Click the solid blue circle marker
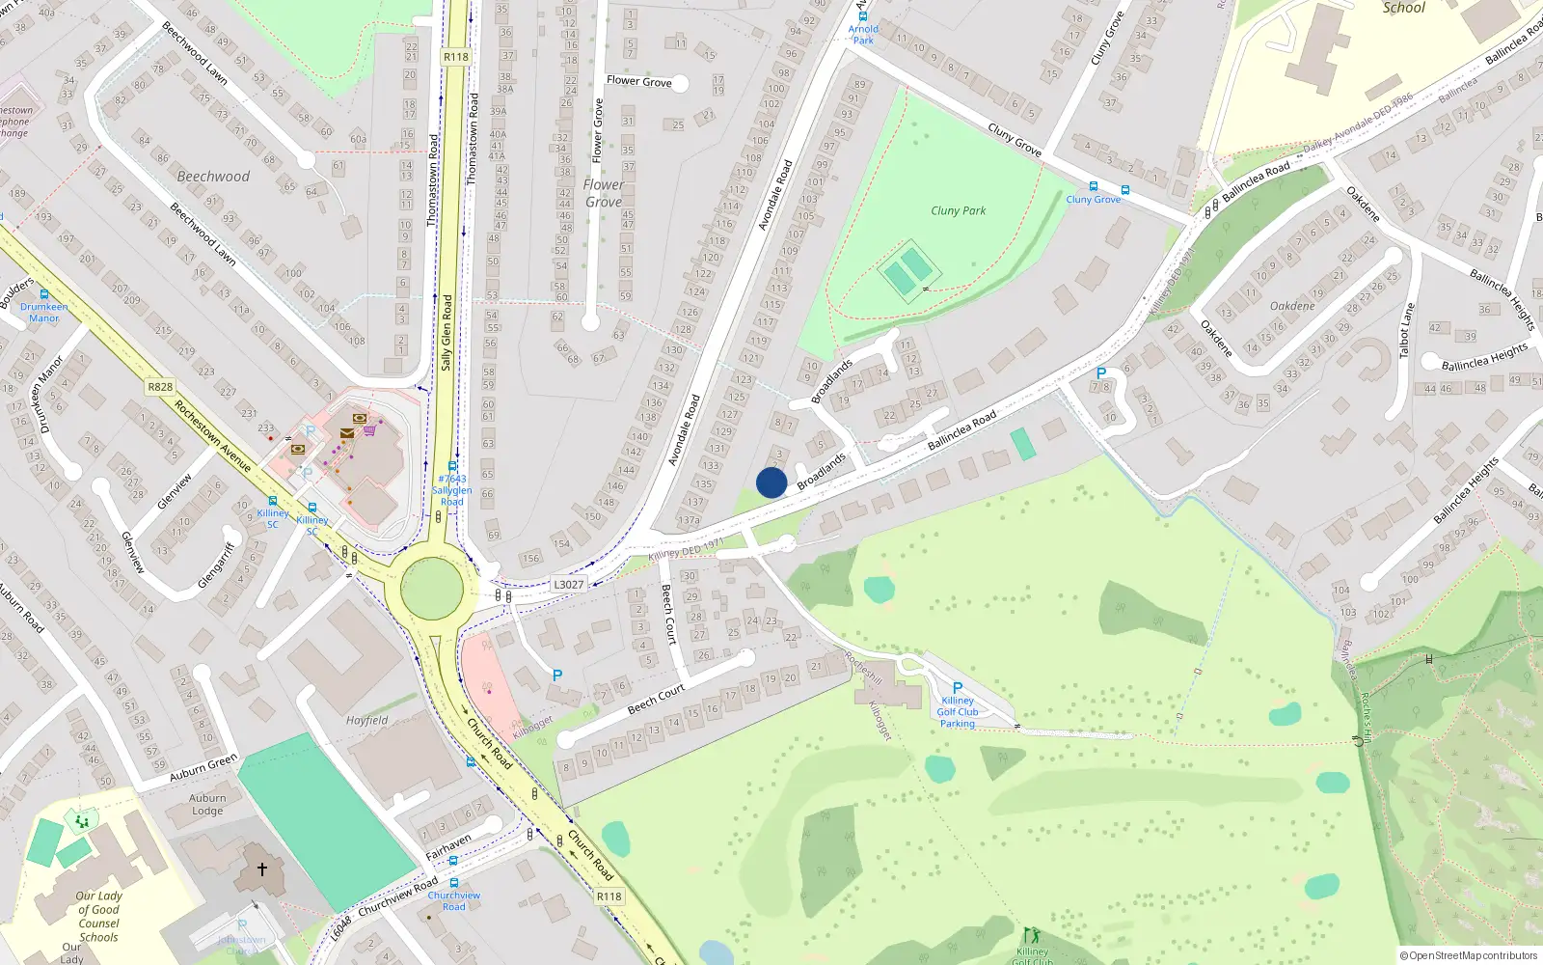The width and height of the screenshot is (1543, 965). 771,482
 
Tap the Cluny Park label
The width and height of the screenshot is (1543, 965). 958,210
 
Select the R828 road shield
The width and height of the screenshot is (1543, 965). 160,387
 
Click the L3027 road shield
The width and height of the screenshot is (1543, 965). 568,585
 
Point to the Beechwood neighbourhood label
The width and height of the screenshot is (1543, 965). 213,177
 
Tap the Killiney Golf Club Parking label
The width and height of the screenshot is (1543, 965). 958,712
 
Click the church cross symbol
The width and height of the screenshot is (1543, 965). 261,868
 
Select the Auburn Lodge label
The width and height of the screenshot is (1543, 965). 207,804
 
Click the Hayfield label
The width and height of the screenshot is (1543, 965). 367,720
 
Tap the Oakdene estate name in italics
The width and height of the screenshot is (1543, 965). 1292,306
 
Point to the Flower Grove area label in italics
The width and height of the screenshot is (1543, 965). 604,193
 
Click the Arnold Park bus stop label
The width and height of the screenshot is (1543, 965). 863,35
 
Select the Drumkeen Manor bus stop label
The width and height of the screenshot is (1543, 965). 44,312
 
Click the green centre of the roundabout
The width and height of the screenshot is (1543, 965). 432,589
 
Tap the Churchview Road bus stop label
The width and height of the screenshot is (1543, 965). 454,900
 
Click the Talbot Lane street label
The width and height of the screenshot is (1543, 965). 1408,330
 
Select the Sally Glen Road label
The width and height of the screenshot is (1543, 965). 447,333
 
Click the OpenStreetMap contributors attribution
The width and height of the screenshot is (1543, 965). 1468,955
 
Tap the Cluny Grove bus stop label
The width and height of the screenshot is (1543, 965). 1094,200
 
